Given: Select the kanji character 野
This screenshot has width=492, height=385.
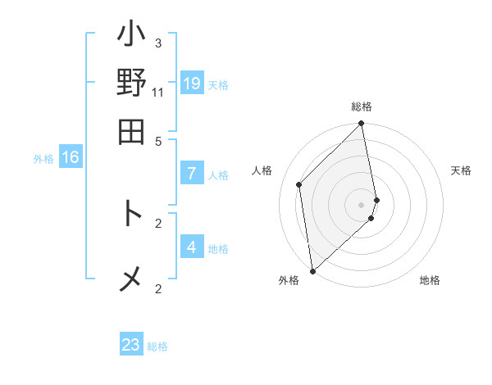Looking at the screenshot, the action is click(131, 85).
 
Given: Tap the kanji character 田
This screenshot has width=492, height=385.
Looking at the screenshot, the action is click(131, 131).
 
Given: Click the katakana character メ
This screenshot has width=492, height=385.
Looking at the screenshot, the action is click(131, 279).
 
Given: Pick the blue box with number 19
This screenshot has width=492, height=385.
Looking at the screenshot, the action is click(192, 84).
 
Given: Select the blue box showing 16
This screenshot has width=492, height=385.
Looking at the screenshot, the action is click(71, 157).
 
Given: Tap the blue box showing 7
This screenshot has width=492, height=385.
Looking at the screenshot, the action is click(192, 174).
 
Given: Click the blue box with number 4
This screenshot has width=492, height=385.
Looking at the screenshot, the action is click(192, 247).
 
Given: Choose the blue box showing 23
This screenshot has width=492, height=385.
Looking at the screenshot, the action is click(131, 345).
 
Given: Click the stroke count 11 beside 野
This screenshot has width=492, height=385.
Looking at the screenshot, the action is click(158, 92).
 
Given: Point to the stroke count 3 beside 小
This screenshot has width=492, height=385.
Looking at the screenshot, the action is click(158, 43).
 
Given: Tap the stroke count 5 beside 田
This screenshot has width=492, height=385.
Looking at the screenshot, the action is click(158, 141).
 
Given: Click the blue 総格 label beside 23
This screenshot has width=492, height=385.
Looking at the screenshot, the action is click(158, 346).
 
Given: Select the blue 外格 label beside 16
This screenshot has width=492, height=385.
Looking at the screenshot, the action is click(43, 159).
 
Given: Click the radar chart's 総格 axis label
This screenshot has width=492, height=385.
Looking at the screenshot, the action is click(362, 106).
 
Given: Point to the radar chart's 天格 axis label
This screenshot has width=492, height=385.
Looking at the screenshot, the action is click(462, 170).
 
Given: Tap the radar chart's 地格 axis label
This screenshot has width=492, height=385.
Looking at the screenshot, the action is click(430, 280).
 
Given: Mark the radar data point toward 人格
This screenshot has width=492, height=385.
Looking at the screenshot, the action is click(299, 184).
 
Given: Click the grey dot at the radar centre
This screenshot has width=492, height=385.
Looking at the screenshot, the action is click(362, 203).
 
